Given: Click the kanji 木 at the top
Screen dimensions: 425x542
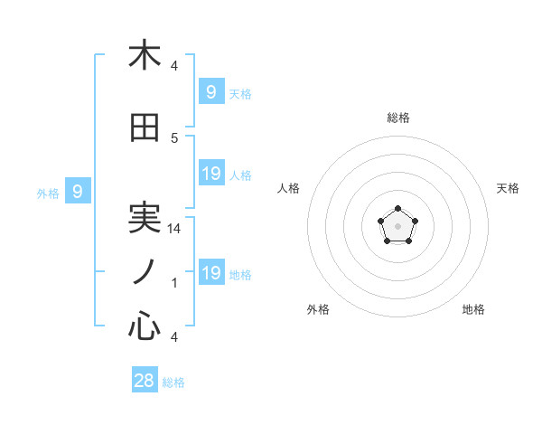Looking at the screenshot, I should (x=145, y=55).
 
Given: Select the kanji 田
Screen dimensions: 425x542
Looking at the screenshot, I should (x=145, y=129).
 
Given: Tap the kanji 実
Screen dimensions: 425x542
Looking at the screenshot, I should (x=145, y=220).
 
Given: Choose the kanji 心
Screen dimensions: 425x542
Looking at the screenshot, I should (x=145, y=326).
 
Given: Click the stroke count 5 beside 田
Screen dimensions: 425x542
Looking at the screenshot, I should (x=174, y=138).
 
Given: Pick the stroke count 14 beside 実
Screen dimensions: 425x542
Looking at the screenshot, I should (x=174, y=229).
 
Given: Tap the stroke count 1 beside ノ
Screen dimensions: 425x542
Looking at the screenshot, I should (x=174, y=283).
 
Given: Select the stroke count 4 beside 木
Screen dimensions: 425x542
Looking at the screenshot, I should (x=174, y=66).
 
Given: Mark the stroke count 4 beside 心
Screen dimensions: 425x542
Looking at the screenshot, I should (x=174, y=337).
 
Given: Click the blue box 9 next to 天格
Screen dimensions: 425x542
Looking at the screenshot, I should (x=210, y=91).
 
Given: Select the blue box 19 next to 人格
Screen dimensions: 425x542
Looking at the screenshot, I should (x=210, y=173).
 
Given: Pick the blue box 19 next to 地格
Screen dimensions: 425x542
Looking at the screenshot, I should (x=210, y=272).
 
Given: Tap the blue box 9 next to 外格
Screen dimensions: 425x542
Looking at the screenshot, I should (x=78, y=191).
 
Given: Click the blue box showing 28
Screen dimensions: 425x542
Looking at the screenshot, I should (x=145, y=381).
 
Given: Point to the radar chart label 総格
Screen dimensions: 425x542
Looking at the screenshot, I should (x=398, y=118).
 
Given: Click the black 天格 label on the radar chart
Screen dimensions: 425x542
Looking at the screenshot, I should (x=508, y=188).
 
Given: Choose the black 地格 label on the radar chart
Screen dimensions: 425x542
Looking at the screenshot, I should (x=473, y=309).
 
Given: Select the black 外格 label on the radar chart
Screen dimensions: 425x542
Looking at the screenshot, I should (x=318, y=309).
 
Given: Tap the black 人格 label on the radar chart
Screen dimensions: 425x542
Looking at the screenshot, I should (x=289, y=188).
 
